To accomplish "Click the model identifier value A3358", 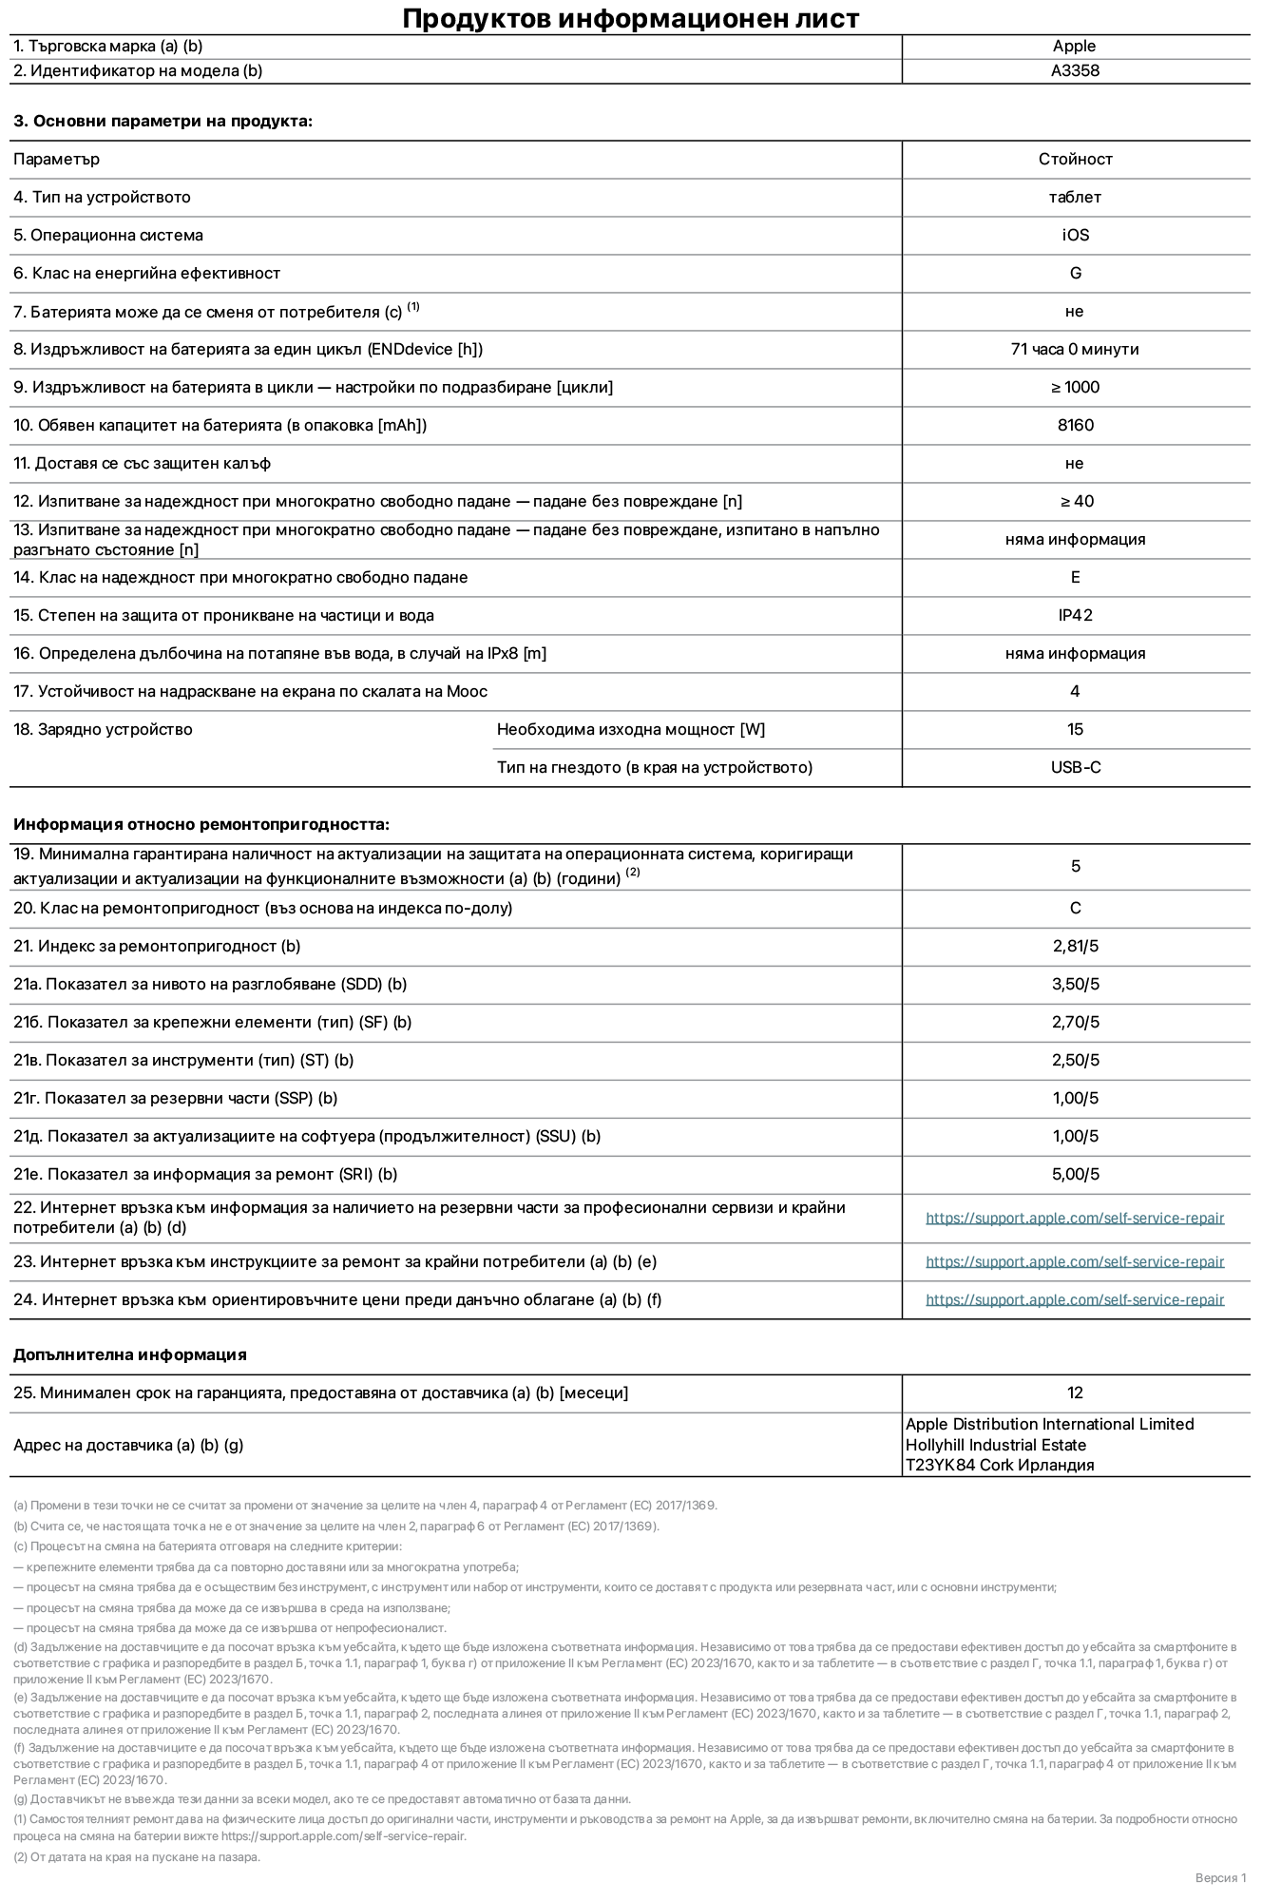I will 1075,70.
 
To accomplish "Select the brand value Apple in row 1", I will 1074,46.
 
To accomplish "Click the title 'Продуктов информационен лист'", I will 630,18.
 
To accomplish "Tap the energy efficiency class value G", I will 1075,274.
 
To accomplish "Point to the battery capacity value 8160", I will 1075,426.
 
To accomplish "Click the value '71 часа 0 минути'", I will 1074,350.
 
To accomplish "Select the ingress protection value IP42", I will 1075,616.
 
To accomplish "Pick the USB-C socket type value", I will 1075,768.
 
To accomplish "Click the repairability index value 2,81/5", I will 1075,947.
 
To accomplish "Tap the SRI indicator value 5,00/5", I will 1075,1175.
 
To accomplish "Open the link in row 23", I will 1074,1262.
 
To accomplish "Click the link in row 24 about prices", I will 1074,1300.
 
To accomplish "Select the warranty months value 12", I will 1075,1393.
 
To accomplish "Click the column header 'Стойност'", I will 1075,160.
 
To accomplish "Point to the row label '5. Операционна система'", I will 108,236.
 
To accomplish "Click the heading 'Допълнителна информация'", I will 130,1355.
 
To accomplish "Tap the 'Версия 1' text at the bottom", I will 1220,1878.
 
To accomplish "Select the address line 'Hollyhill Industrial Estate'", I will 995,1445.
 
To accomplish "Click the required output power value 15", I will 1075,730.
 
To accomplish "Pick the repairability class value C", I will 1075,909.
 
